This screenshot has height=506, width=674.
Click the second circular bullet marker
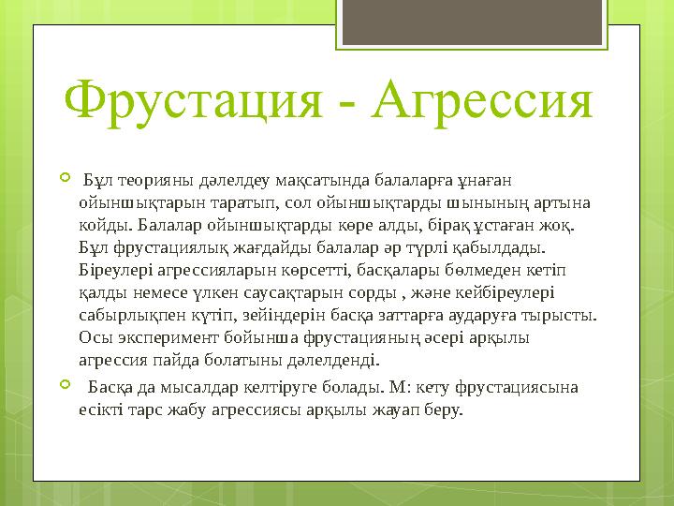pos(64,386)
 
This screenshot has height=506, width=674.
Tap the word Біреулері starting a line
pos(116,270)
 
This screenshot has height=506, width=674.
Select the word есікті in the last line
pos(100,409)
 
